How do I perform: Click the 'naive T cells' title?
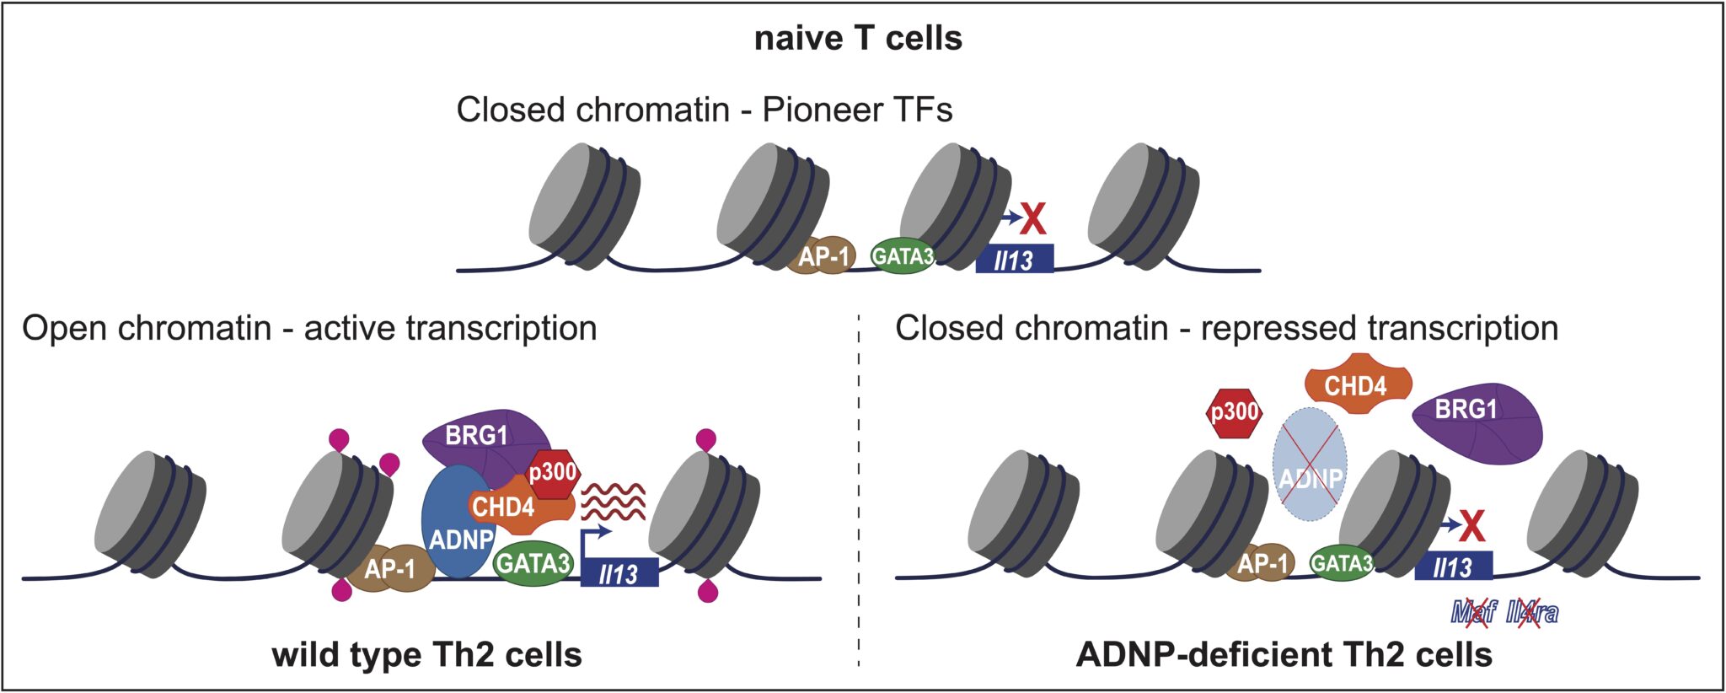point(858,39)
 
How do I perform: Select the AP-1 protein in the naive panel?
point(823,255)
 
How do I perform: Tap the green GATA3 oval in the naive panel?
point(902,255)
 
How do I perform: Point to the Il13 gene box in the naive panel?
point(1014,259)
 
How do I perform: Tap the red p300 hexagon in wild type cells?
point(553,472)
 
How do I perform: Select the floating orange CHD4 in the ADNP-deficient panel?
point(1356,386)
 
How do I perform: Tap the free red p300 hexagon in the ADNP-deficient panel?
point(1234,413)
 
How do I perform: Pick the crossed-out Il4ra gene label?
point(1532,612)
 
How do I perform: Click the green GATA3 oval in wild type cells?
point(533,562)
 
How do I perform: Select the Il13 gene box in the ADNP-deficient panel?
point(1453,567)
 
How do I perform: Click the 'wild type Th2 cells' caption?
point(426,654)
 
